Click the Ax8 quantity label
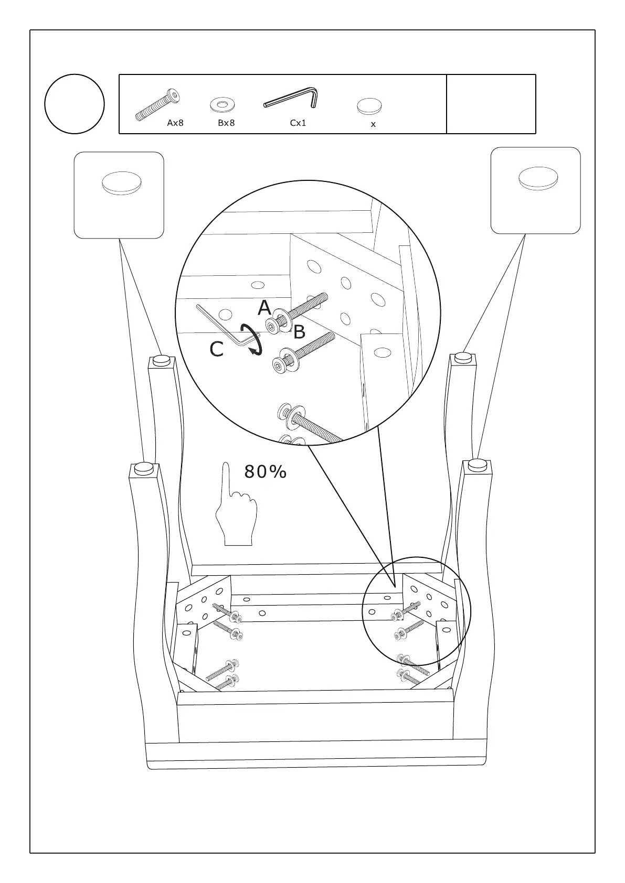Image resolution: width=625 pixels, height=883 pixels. (x=175, y=123)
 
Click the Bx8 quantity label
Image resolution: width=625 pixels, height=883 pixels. (x=226, y=123)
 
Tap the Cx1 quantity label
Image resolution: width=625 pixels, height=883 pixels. (x=298, y=123)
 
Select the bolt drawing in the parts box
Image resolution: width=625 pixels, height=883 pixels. (x=157, y=105)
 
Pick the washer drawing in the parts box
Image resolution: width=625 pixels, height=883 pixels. (x=222, y=104)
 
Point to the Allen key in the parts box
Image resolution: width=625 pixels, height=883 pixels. (x=292, y=99)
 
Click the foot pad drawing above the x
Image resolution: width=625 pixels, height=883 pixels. (x=369, y=106)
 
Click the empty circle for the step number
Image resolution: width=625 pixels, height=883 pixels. (x=75, y=104)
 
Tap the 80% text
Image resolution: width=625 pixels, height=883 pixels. (x=266, y=472)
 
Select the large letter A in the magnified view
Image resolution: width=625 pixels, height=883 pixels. (x=264, y=308)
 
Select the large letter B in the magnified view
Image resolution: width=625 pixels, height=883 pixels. (x=299, y=332)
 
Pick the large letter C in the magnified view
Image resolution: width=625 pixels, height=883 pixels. (x=217, y=349)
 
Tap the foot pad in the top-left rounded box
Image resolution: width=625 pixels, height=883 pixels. (x=121, y=183)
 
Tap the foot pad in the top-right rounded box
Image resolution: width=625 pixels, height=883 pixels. (x=538, y=178)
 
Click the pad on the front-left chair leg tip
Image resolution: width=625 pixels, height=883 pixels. (x=144, y=468)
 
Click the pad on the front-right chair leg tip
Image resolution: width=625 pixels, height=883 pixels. (x=478, y=464)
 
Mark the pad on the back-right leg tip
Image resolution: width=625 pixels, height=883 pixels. (x=462, y=358)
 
